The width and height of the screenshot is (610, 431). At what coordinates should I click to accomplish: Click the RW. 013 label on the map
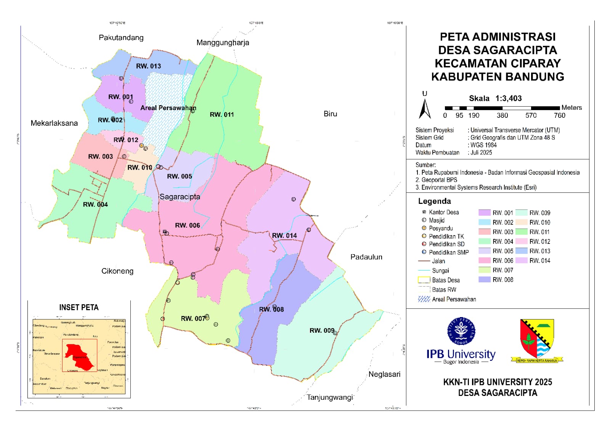click(148, 66)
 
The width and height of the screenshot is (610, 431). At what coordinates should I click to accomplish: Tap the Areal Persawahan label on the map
click(168, 108)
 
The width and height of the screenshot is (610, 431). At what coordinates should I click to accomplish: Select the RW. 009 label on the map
click(322, 330)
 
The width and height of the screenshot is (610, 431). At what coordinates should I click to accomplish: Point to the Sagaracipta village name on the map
click(180, 197)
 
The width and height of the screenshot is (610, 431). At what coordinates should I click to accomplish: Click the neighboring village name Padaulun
click(366, 257)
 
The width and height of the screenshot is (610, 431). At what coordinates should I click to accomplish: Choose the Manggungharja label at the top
click(223, 42)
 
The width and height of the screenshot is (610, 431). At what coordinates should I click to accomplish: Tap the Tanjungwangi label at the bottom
click(330, 397)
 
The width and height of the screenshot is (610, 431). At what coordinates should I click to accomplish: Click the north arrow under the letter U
click(425, 109)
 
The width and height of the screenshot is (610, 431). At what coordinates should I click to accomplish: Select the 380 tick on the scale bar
click(502, 115)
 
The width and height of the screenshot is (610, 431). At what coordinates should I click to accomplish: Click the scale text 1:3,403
click(509, 98)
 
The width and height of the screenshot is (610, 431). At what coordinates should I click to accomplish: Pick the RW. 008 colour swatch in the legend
click(484, 279)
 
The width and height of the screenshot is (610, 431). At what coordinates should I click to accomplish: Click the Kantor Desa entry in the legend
click(443, 212)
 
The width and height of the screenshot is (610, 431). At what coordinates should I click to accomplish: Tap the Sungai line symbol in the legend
click(424, 271)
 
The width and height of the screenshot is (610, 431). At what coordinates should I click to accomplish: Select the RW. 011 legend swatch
click(521, 232)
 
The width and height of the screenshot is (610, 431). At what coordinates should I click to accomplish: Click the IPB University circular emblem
click(461, 332)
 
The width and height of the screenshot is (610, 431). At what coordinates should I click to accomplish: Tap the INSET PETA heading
click(79, 308)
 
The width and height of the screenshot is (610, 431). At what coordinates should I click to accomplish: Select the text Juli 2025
click(481, 152)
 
